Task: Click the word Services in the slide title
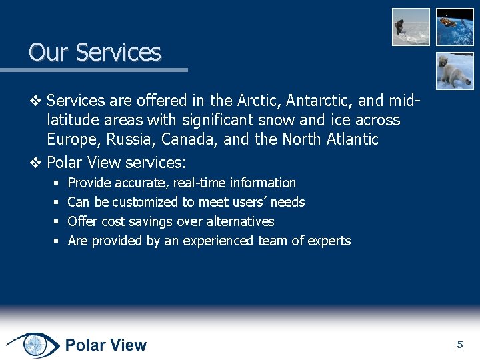pyautogui.click(x=119, y=52)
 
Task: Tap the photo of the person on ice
pyautogui.click(x=411, y=27)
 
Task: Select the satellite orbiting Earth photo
pyautogui.click(x=455, y=27)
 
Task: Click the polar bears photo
pyautogui.click(x=455, y=71)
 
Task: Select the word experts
pyautogui.click(x=329, y=241)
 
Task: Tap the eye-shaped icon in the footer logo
pyautogui.click(x=33, y=345)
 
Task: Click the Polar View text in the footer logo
pyautogui.click(x=105, y=345)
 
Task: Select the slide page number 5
pyautogui.click(x=459, y=345)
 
